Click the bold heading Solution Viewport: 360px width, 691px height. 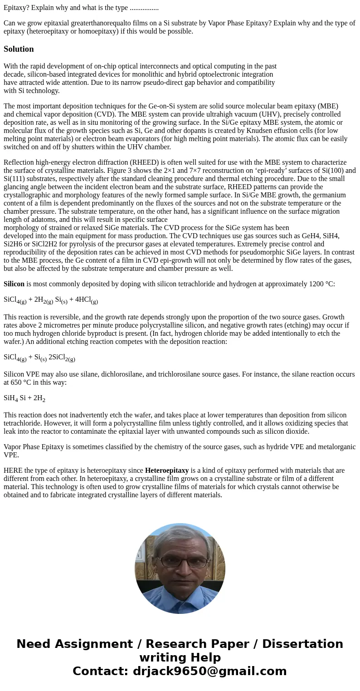(x=19, y=49)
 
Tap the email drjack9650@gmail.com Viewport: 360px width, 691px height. (x=209, y=671)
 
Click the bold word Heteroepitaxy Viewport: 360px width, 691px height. (x=166, y=470)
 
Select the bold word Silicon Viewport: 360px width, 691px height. (x=14, y=284)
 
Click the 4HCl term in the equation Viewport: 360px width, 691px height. (x=83, y=300)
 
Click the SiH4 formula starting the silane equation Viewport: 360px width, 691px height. (x=10, y=398)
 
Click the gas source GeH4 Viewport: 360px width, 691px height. (x=309, y=236)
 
